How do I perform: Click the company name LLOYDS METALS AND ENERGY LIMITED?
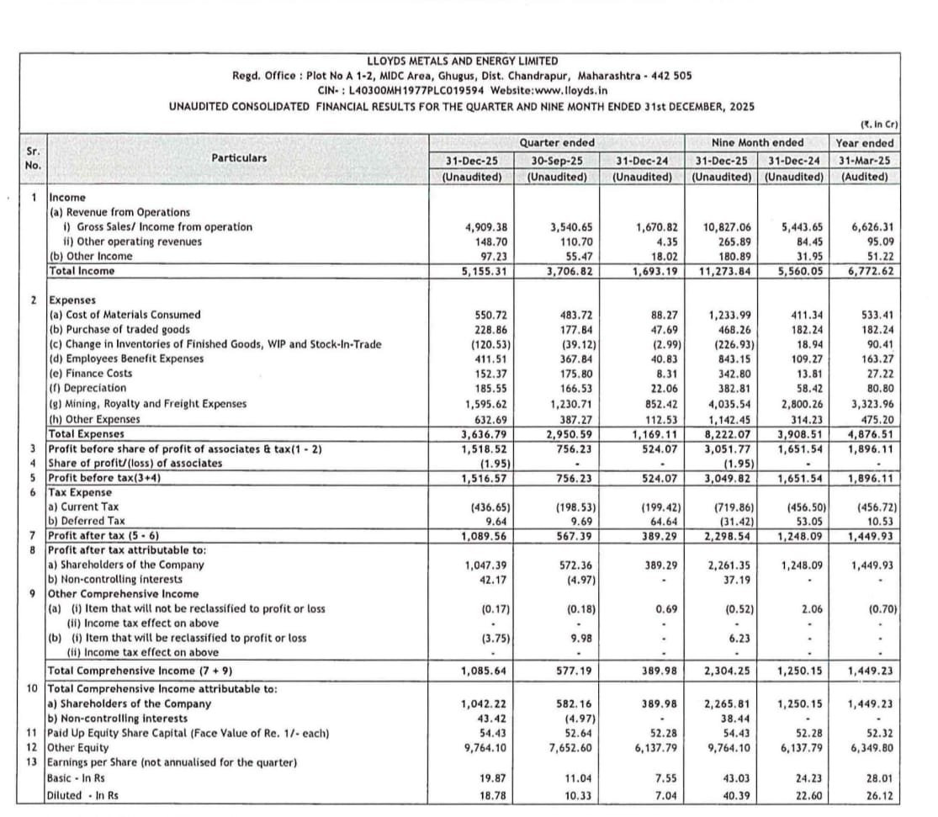point(463,61)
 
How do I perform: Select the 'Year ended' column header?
point(865,143)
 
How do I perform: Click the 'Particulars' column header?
point(239,157)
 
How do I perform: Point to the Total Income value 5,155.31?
point(483,271)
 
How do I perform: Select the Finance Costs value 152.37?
point(489,374)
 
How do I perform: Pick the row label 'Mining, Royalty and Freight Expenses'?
point(148,403)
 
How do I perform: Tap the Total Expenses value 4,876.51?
point(870,434)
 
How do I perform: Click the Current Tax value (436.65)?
point(486,507)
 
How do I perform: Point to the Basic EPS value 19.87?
point(491,780)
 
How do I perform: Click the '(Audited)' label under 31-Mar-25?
point(865,177)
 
